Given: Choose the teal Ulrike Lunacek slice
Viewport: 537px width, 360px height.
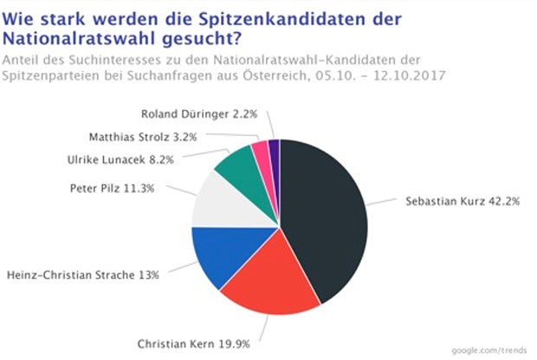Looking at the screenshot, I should (236, 164).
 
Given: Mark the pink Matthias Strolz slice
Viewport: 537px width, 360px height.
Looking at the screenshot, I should (261, 151).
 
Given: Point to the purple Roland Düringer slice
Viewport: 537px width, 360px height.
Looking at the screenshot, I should (274, 149).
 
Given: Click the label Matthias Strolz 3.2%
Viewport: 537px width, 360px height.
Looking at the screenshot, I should (144, 136).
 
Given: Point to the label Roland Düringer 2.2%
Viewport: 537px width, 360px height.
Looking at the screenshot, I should (198, 113).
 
